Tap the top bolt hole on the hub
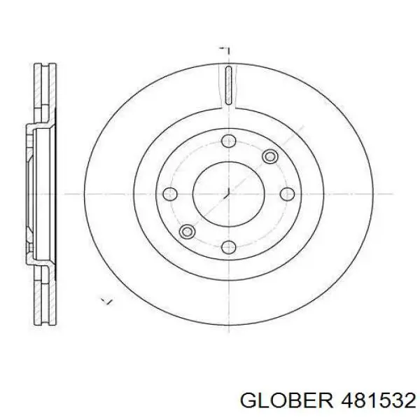click(229, 141)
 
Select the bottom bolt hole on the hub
click(229, 247)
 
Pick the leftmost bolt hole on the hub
click(170, 194)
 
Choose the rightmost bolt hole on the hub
click(287, 194)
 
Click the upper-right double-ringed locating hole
click(270, 157)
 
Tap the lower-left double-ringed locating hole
click(187, 232)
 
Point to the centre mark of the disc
click(228, 194)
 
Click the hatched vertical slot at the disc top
click(228, 85)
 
